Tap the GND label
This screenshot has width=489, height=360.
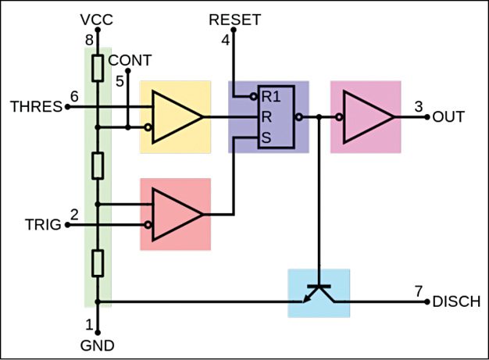98,344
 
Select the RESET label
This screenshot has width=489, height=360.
234,19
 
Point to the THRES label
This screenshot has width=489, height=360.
36,107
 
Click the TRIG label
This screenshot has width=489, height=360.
41,225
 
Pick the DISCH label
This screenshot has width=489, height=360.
455,301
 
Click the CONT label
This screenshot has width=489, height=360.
130,60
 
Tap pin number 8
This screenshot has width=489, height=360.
88,37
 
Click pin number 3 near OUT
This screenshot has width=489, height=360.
419,106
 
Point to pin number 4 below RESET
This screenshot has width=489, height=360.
226,39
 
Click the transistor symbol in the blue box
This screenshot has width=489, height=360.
319,292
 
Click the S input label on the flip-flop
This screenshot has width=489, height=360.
266,137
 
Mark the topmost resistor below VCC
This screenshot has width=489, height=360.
97,70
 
